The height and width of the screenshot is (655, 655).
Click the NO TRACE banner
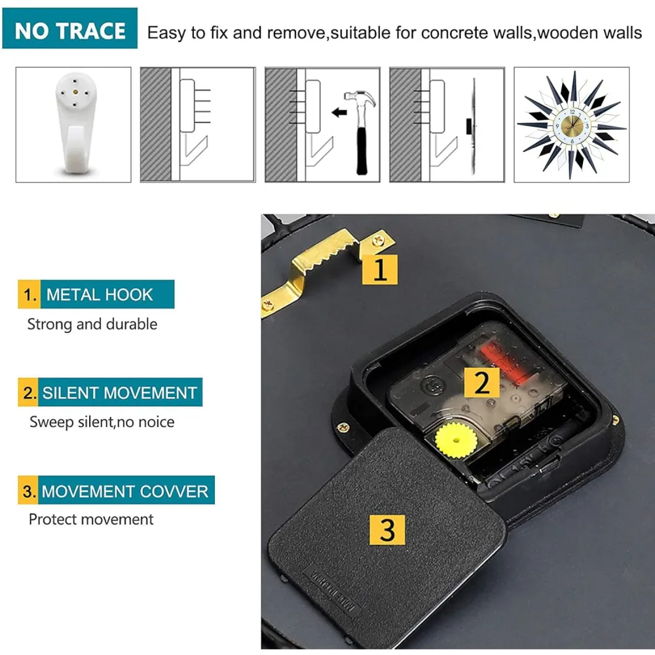[x=70, y=28]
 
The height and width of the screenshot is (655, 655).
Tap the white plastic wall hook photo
[x=75, y=124]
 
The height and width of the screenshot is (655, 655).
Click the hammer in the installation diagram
[x=360, y=132]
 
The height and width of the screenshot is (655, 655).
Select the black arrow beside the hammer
[x=339, y=112]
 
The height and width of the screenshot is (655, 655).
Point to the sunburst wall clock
[x=571, y=125]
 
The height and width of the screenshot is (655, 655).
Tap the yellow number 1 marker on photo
[x=379, y=269]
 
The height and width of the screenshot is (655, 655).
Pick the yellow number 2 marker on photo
[x=482, y=383]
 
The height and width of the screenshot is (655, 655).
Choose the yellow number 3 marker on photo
[x=387, y=530]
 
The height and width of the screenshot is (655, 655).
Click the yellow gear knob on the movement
[x=456, y=440]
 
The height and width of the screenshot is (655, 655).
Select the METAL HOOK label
[x=96, y=294]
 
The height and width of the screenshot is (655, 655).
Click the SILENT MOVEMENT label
[x=110, y=392]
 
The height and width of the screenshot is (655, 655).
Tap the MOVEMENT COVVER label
[x=116, y=490]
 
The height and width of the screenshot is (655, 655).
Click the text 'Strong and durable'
[x=92, y=324]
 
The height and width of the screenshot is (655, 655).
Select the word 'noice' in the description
[x=157, y=422]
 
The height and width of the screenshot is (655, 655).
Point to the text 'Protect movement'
[x=91, y=519]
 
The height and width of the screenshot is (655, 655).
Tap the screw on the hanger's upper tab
[x=379, y=240]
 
